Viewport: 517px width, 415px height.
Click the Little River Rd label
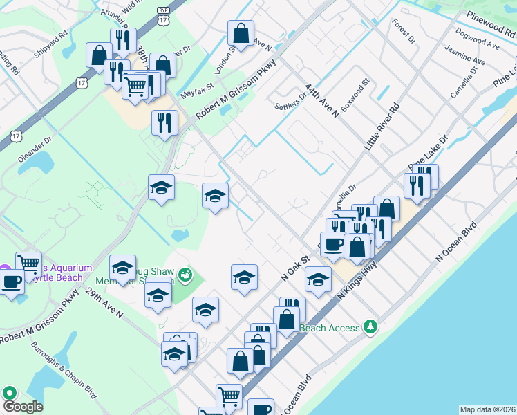pos(382,129)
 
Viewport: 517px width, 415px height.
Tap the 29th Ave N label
pos(104,304)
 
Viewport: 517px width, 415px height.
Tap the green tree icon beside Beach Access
pos(371,326)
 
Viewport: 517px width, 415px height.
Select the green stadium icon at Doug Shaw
pos(184,276)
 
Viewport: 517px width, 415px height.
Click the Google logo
pos(22,407)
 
